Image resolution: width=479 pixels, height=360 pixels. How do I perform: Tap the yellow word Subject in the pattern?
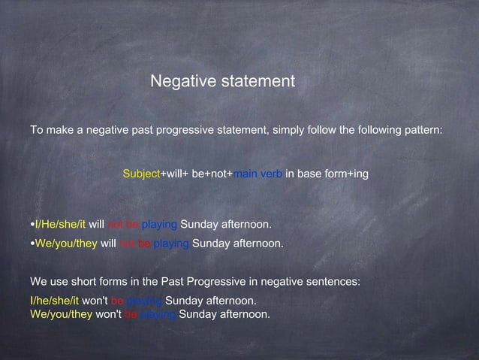142,174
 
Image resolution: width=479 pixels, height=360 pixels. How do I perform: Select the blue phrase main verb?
257,174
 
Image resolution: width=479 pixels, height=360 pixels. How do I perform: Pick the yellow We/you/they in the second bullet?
66,244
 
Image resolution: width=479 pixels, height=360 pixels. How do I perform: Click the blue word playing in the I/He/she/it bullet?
159,225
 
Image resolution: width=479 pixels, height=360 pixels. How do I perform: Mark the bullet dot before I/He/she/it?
32,225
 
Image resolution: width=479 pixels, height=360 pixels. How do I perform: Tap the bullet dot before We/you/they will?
32,244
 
